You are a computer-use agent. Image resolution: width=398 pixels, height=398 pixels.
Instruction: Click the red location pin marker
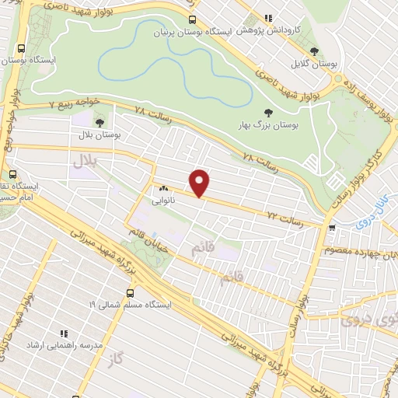(x=201, y=182)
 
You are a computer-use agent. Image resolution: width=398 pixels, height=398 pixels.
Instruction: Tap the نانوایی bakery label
(x=165, y=199)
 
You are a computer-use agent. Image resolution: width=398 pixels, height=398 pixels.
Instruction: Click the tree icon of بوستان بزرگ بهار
(x=270, y=113)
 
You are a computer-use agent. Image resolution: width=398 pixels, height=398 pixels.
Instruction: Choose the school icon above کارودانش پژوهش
(x=269, y=18)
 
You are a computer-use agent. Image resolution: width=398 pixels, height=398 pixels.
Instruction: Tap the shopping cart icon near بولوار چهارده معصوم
(x=333, y=229)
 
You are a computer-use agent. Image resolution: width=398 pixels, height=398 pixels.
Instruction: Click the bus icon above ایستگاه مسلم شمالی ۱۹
(x=130, y=293)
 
